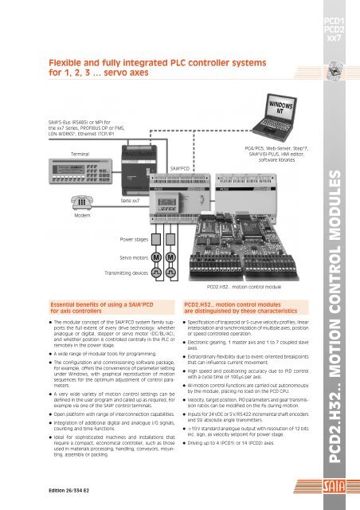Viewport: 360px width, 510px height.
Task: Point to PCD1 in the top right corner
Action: pos(334,18)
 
